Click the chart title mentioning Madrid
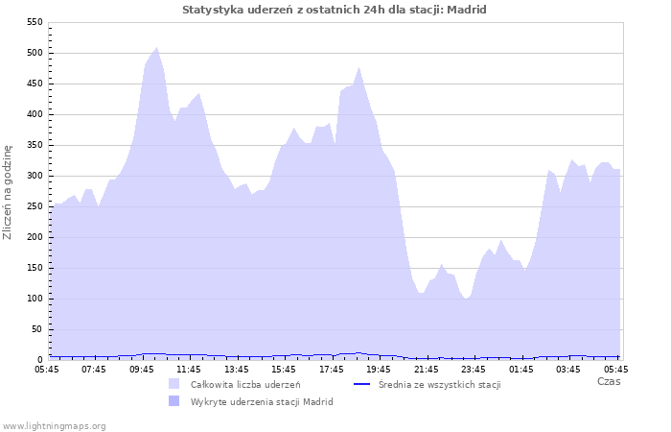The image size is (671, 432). (x=335, y=10)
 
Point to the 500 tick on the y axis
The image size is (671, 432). (x=35, y=53)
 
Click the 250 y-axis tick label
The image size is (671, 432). (x=35, y=206)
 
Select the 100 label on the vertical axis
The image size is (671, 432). (x=35, y=299)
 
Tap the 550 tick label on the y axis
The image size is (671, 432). (x=35, y=22)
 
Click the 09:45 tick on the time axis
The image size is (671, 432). (x=141, y=368)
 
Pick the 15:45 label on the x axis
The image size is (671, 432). (x=284, y=368)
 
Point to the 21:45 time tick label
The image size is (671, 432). (x=426, y=368)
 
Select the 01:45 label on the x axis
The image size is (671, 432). (x=521, y=368)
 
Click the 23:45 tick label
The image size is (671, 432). (x=474, y=368)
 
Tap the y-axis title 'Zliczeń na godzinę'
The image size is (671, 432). (x=9, y=192)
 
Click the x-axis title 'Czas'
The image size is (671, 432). (x=608, y=381)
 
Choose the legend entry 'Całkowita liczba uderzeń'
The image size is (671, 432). (x=245, y=385)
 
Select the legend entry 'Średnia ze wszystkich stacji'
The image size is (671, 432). (x=439, y=385)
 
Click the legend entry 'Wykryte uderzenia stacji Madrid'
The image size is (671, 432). (x=262, y=401)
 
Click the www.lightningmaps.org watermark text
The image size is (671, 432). (x=54, y=425)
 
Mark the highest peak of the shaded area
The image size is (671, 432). (x=156, y=47)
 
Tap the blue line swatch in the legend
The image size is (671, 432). (x=362, y=384)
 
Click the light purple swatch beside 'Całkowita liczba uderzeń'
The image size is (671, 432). (x=174, y=384)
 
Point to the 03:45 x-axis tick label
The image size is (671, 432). (x=568, y=368)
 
